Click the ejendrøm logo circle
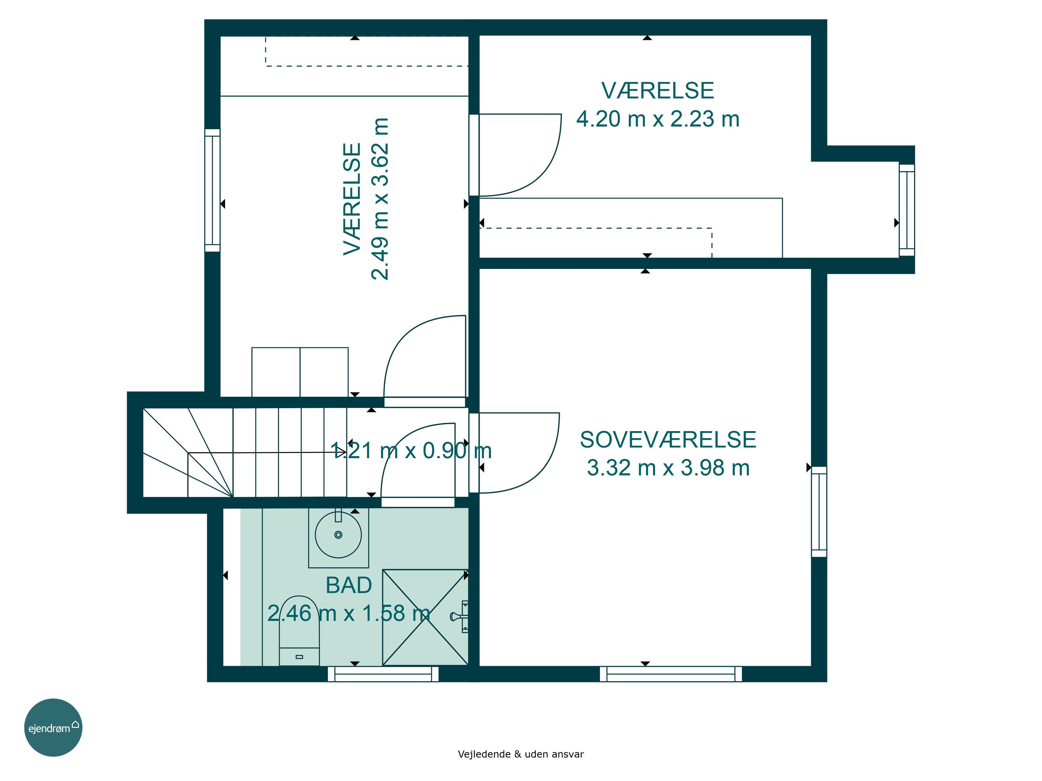tap(53, 727)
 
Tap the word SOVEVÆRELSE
tap(668, 440)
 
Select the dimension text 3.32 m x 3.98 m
tap(668, 468)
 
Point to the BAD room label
tap(349, 585)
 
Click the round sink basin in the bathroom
tap(338, 535)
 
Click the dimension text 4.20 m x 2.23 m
tap(658, 119)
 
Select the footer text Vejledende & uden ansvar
tap(521, 754)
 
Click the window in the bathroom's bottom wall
tap(383, 674)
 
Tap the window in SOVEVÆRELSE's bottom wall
tap(671, 674)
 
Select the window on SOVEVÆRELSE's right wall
tap(819, 512)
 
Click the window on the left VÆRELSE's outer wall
tap(213, 190)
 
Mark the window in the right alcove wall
tap(907, 210)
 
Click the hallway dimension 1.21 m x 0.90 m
tap(411, 451)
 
